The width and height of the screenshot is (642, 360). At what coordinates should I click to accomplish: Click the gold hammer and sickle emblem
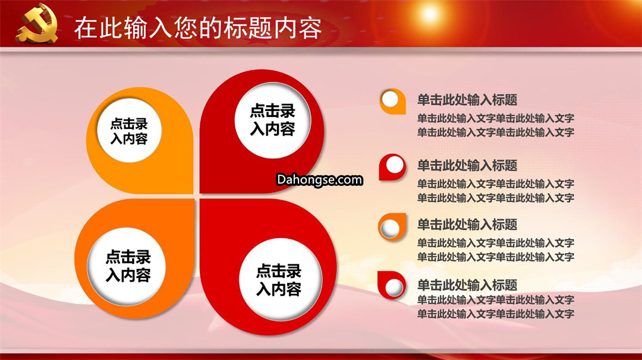37,23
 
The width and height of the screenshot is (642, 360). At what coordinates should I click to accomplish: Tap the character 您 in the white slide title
186,28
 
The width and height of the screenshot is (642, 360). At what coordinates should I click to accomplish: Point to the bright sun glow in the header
430,14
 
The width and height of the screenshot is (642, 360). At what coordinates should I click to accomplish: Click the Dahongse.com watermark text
319,179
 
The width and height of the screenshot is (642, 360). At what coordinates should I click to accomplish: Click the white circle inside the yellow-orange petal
129,131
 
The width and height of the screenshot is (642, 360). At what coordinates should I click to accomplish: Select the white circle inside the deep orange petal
127,266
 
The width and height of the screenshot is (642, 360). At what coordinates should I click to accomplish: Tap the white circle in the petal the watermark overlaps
273,120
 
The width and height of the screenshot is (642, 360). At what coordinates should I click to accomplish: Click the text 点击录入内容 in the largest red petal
278,280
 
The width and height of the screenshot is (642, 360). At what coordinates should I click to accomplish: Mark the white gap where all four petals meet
197,197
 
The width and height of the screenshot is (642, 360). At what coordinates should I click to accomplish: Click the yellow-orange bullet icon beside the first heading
393,101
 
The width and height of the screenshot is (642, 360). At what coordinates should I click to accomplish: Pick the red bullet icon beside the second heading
392,167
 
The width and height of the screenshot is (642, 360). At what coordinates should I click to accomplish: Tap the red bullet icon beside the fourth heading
392,285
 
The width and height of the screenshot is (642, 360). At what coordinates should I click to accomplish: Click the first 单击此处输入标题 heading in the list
467,100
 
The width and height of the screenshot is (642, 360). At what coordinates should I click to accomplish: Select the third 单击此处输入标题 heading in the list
467,225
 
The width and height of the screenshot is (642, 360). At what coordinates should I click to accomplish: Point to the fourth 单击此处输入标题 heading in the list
467,285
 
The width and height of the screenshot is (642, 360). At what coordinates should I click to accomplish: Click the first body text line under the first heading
495,119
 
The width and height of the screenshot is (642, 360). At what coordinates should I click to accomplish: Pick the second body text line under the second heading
495,198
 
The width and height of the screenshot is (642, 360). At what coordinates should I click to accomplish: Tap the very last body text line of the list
495,314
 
